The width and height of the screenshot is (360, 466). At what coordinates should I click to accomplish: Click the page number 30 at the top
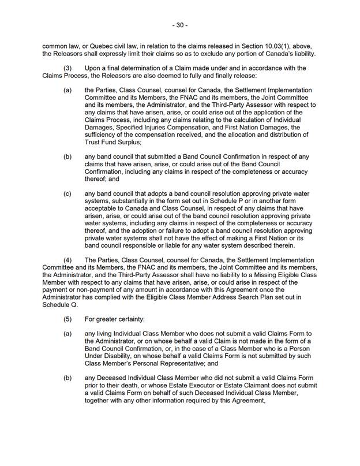coord(180,25)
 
